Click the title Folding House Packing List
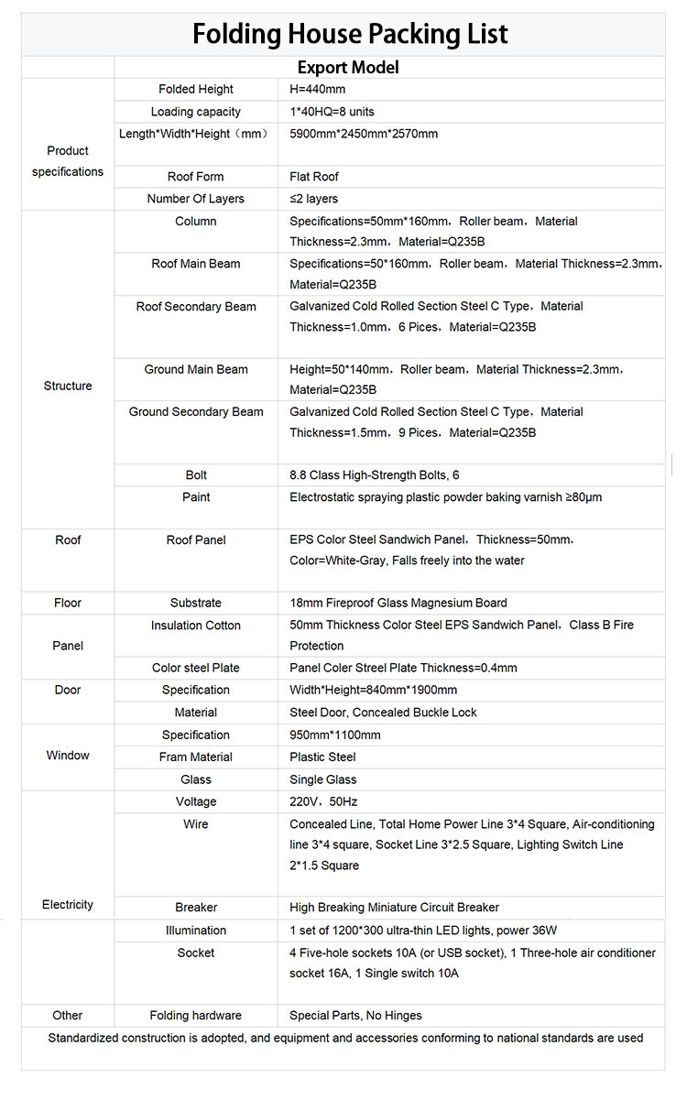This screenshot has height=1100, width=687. (x=349, y=34)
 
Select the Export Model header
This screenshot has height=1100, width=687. (x=348, y=67)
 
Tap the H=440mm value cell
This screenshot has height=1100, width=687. (x=317, y=89)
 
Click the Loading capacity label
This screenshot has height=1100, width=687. (x=196, y=112)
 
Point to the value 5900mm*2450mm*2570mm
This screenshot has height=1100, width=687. (x=364, y=134)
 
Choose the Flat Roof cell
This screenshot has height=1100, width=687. (x=314, y=177)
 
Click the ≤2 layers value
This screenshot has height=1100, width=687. (x=313, y=199)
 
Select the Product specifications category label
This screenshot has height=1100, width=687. (x=68, y=161)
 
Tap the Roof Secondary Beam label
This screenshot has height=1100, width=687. (x=196, y=307)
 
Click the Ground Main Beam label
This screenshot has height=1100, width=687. (x=196, y=369)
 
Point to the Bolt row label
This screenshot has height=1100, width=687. (x=196, y=474)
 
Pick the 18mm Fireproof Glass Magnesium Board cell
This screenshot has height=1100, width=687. (x=398, y=603)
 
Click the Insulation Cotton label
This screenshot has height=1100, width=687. (x=196, y=626)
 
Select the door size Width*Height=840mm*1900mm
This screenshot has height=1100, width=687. (x=373, y=690)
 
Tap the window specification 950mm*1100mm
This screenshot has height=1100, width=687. (x=334, y=735)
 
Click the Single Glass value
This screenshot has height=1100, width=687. (x=323, y=779)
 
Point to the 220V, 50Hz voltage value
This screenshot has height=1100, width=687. (x=317, y=801)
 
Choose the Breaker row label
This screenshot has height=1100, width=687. (x=196, y=908)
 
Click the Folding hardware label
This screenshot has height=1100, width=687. (x=196, y=1015)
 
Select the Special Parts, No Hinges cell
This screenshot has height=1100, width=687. (x=355, y=1015)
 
